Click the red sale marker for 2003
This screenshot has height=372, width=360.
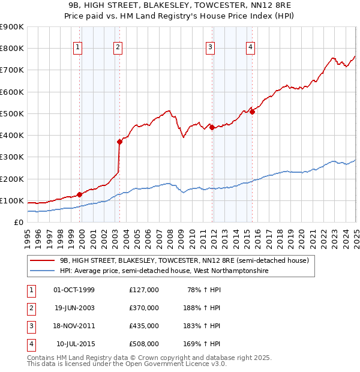click(x=119, y=142)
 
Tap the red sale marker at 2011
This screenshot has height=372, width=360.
click(x=212, y=127)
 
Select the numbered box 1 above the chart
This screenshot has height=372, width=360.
click(x=79, y=48)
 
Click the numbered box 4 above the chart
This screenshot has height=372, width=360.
click(x=250, y=48)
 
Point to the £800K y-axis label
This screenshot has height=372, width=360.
click(x=12, y=49)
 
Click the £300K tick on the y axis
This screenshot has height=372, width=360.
click(x=12, y=157)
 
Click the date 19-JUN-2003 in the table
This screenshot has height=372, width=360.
click(x=74, y=308)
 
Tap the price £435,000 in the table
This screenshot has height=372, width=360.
click(x=143, y=326)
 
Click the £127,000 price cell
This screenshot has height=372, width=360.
click(x=143, y=290)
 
